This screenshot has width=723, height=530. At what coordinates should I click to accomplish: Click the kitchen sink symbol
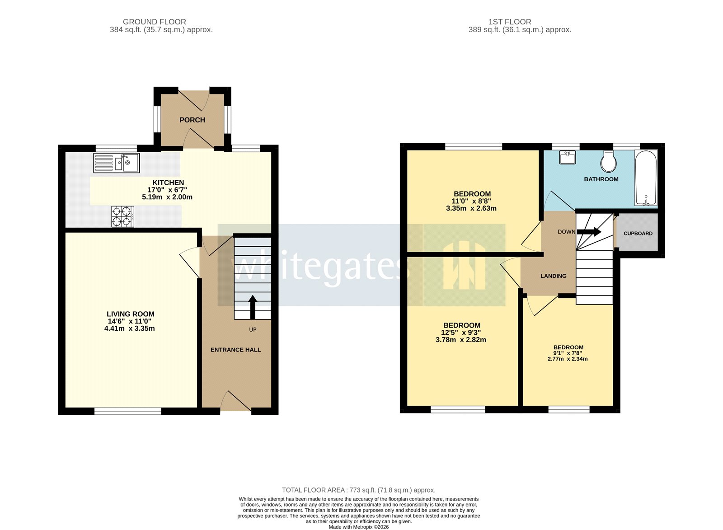[x=117, y=163]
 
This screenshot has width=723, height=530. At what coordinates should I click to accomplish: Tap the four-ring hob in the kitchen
[x=123, y=216]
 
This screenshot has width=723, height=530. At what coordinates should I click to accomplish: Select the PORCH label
[x=192, y=120]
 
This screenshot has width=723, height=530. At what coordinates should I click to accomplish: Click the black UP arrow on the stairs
[x=253, y=307]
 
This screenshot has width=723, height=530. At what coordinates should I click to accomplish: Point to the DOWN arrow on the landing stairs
[x=589, y=232]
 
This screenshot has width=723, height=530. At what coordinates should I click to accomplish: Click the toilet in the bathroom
[x=609, y=161]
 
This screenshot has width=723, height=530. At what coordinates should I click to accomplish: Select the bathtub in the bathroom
[x=646, y=178]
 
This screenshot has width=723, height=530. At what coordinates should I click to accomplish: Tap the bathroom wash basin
[x=568, y=157]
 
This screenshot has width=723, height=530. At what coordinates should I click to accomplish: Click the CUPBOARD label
[x=638, y=234]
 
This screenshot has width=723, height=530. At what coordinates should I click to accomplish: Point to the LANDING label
[x=553, y=276]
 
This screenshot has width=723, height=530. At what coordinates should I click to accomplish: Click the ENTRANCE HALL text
[x=235, y=350]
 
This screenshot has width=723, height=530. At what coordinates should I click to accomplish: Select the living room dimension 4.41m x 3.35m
[x=130, y=328]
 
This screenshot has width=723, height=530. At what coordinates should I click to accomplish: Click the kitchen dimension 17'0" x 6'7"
[x=167, y=190]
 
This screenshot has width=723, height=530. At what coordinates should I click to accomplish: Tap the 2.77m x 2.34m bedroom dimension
[x=568, y=359]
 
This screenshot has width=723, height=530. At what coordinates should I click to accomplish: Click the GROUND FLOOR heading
[x=155, y=22]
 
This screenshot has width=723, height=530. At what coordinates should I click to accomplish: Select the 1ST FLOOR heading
[x=510, y=22]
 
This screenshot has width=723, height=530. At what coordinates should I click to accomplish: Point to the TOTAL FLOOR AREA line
[x=358, y=490]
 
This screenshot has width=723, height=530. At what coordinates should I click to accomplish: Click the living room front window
[x=127, y=411]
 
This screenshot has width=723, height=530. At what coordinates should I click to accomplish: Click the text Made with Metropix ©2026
[x=358, y=527]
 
